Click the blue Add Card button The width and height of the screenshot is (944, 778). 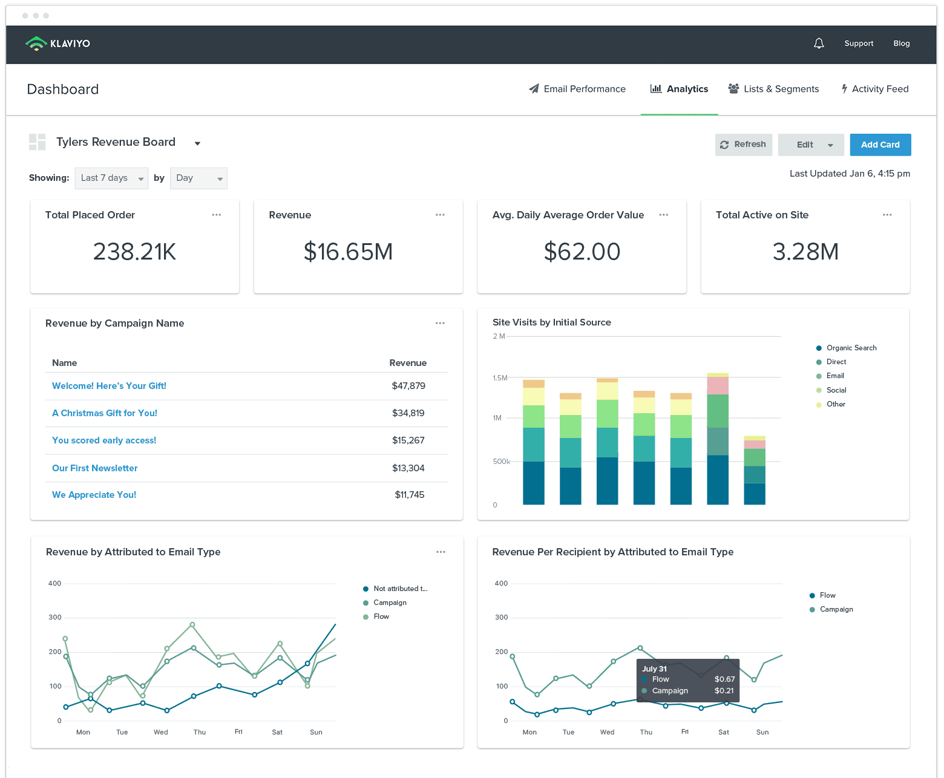[880, 145]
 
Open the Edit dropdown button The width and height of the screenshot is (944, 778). [811, 145]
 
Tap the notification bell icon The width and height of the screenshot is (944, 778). [819, 44]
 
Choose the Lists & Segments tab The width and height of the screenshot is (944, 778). [773, 89]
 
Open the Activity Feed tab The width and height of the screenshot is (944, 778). [875, 89]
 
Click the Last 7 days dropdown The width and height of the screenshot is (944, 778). [111, 178]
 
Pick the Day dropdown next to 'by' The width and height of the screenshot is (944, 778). [198, 178]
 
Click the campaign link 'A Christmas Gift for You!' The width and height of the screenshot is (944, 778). [105, 413]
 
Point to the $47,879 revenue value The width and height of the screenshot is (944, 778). [408, 385]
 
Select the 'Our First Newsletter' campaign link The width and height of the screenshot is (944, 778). [94, 468]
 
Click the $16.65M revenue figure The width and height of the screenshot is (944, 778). [348, 251]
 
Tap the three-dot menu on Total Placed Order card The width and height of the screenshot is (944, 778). [217, 215]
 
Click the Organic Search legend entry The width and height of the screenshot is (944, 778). [846, 348]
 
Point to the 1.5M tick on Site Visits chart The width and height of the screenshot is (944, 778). [500, 378]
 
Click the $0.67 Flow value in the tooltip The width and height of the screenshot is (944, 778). [724, 679]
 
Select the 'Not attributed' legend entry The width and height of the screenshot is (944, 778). [395, 589]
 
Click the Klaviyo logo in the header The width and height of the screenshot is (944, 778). [58, 44]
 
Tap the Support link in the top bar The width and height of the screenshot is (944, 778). [859, 44]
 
